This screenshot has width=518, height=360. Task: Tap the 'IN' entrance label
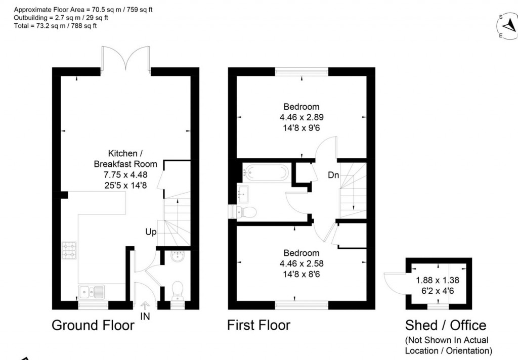[x=145, y=317]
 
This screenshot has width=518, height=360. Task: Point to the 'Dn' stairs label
[x=333, y=175]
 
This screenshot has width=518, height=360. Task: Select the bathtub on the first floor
[x=266, y=172]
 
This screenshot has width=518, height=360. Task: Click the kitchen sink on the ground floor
[x=92, y=292]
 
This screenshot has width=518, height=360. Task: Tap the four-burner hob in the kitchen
[x=69, y=251]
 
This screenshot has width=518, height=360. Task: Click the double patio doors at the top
[x=125, y=57]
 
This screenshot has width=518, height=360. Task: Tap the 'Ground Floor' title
[x=93, y=325]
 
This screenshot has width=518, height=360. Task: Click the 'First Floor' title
[x=259, y=325]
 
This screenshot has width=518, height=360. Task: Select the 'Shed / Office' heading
[x=445, y=326]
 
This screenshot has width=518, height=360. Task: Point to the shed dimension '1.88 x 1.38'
[x=437, y=280]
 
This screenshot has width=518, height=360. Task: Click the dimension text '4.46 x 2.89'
[x=301, y=117]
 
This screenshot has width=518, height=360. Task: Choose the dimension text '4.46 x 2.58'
[x=301, y=263]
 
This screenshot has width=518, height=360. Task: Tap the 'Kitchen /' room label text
[x=125, y=153]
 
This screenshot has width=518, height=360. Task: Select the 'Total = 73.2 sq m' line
[x=54, y=26]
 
